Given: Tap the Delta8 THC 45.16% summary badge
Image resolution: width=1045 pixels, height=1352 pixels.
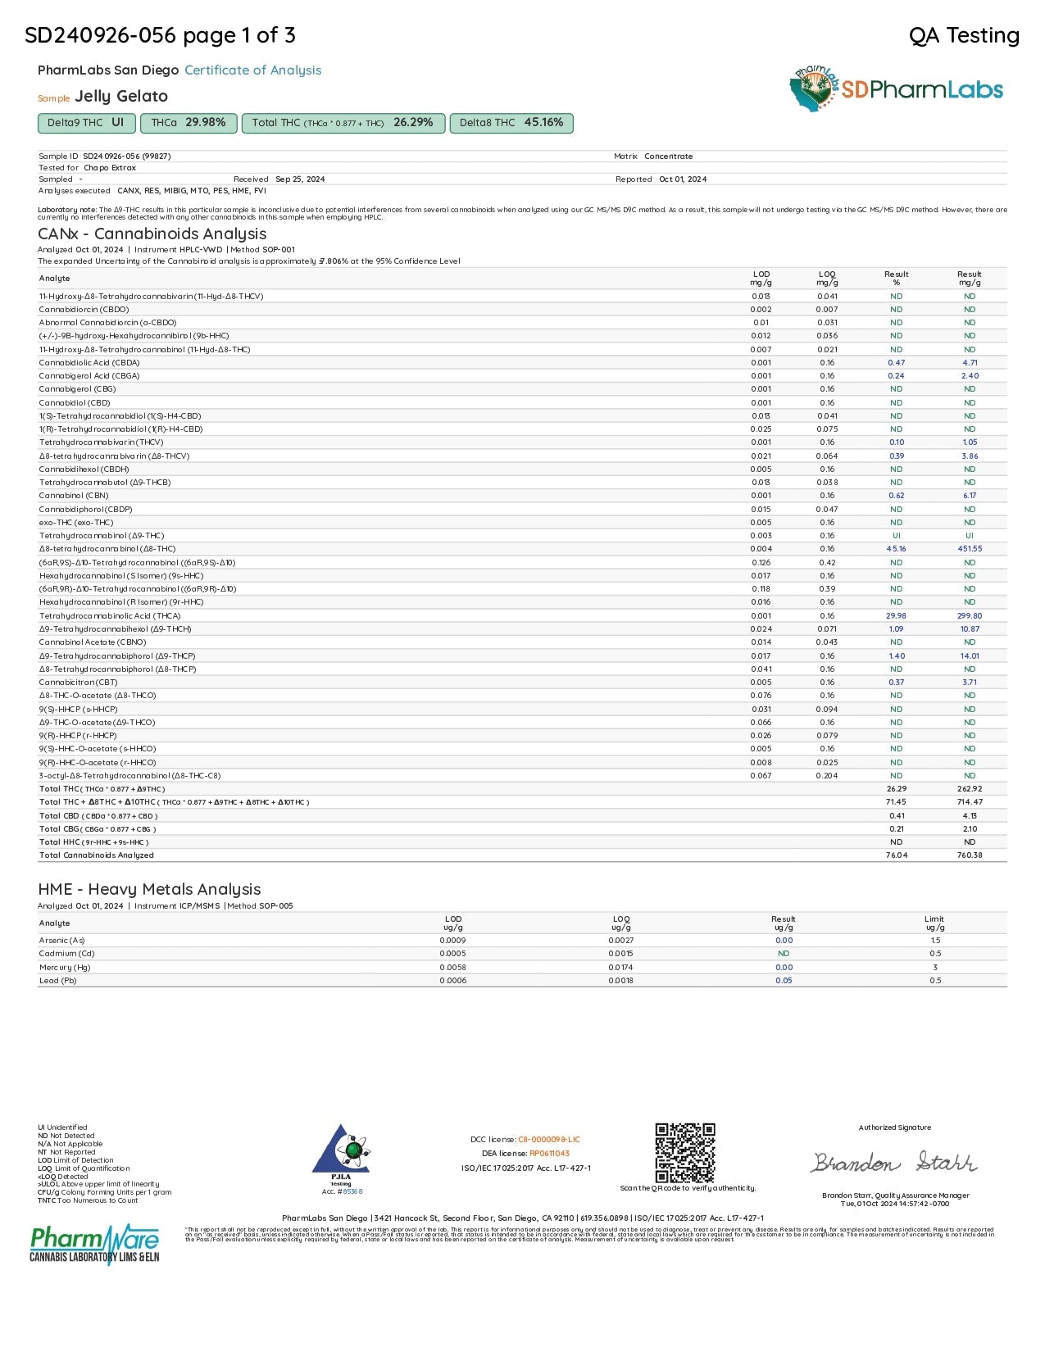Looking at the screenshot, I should click(511, 123).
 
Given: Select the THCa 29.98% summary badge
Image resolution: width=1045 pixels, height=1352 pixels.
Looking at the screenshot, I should click(189, 123).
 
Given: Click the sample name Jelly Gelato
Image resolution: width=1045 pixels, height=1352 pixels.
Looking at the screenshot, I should click(121, 97).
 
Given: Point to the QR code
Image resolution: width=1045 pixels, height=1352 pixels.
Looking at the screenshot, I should click(684, 1152).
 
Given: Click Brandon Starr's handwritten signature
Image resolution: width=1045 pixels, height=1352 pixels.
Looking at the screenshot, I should click(893, 1162).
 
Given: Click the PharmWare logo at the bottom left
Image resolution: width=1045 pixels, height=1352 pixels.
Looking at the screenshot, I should click(94, 1244).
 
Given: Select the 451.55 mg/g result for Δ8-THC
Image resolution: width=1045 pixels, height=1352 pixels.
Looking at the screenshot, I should click(970, 549).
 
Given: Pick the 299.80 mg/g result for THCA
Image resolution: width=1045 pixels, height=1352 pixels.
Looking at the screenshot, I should click(970, 616).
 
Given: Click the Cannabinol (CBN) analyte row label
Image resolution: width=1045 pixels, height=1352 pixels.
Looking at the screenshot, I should click(74, 496).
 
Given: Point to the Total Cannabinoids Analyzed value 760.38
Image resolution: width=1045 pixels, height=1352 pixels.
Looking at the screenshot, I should click(970, 855).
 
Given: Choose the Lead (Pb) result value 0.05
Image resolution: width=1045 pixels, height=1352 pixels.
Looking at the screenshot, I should click(784, 981).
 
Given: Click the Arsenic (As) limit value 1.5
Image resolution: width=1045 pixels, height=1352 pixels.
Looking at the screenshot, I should click(935, 941).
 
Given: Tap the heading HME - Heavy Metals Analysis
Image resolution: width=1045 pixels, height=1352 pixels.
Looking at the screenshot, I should click(149, 889).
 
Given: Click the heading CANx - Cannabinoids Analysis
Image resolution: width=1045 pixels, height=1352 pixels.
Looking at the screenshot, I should click(152, 234).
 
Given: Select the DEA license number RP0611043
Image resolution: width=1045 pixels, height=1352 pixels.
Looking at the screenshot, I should click(549, 1154).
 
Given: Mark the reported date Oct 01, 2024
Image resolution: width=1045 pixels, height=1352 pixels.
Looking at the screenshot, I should click(683, 179).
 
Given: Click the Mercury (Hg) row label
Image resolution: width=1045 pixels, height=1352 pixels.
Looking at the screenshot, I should click(65, 968).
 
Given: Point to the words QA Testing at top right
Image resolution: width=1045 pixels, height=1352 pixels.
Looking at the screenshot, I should click(964, 35).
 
